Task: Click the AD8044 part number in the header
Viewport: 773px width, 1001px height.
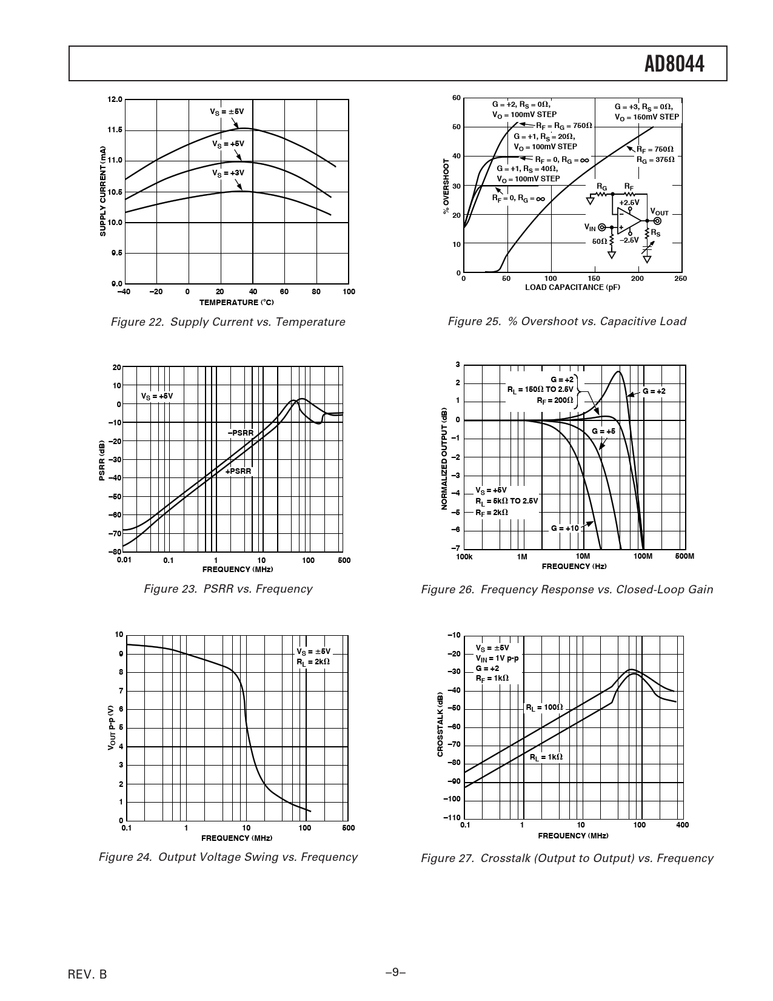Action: [674, 64]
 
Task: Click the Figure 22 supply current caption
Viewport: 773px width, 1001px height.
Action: [228, 322]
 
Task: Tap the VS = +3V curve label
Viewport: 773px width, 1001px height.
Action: [228, 173]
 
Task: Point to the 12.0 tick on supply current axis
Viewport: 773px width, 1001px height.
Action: [115, 99]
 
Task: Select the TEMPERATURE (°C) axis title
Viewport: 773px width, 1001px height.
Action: [236, 302]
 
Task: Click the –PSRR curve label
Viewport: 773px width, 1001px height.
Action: [240, 433]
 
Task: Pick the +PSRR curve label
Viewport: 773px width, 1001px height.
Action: [238, 471]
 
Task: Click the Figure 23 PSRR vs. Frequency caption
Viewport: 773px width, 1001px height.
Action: [228, 588]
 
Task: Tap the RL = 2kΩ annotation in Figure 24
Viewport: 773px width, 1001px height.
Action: [313, 662]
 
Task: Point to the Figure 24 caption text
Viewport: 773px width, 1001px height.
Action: [228, 857]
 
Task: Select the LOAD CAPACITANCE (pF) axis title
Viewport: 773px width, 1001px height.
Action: [572, 288]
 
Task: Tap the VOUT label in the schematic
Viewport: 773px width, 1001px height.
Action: [659, 212]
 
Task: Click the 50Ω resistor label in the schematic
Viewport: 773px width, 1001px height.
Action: [600, 241]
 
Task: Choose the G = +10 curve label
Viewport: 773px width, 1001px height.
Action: [565, 528]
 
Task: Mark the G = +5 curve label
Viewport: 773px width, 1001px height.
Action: [603, 431]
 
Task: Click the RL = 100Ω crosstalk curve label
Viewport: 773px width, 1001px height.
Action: [544, 707]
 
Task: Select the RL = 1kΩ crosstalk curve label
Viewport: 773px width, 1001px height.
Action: [546, 757]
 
